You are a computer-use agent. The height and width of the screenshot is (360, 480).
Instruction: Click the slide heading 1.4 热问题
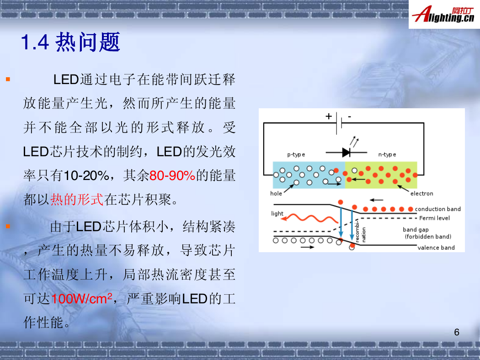click(70, 42)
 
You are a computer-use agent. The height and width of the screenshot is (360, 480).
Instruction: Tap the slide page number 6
click(456, 332)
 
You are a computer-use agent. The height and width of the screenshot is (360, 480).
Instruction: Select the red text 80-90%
click(172, 175)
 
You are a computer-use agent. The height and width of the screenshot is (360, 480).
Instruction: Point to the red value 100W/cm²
click(81, 298)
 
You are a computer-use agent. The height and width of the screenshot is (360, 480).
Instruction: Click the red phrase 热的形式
click(77, 200)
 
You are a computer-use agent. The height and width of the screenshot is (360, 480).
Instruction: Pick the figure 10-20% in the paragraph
click(86, 175)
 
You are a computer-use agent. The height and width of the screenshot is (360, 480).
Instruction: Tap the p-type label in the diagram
click(296, 154)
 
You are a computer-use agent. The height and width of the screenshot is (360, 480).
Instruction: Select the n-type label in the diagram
click(387, 154)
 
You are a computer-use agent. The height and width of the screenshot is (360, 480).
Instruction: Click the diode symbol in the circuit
click(347, 152)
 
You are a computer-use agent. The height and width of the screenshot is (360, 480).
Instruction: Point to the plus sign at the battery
click(329, 116)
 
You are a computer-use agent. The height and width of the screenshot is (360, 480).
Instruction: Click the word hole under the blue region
click(276, 193)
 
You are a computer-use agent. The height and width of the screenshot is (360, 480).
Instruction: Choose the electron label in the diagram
click(421, 193)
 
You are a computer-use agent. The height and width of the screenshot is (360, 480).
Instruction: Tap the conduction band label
click(438, 209)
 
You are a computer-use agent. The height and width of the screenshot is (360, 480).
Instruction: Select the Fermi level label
click(434, 218)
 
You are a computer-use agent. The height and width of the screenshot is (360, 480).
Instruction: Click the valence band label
click(436, 248)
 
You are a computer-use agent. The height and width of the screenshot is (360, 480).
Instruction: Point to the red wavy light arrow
click(309, 218)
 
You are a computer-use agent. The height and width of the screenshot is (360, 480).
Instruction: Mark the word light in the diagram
click(277, 213)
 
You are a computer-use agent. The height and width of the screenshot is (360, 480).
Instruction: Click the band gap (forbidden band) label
click(427, 233)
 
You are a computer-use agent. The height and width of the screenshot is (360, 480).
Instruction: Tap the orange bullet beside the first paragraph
click(8, 79)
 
